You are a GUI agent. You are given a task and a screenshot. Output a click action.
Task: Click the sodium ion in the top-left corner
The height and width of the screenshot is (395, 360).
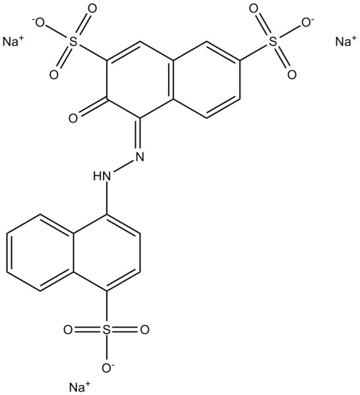tap(13, 42)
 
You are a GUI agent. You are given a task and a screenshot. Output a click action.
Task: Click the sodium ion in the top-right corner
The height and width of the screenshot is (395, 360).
tap(346, 42)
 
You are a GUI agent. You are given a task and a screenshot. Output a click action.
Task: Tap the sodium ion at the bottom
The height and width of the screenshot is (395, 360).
tap(79, 386)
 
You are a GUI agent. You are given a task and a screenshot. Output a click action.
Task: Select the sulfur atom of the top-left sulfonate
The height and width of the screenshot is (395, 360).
tap(73, 42)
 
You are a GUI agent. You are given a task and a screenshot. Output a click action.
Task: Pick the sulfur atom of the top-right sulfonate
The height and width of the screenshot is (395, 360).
tap(273, 42)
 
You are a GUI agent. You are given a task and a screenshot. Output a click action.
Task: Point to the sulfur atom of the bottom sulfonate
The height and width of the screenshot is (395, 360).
tap(106, 329)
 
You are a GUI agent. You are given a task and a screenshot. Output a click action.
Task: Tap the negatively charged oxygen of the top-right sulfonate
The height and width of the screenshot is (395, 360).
tap(308, 23)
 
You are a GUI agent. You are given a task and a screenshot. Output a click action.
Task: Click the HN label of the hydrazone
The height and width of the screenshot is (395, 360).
tap(102, 175)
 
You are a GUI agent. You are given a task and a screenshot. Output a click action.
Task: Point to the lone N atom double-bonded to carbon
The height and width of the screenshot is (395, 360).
tap(140, 156)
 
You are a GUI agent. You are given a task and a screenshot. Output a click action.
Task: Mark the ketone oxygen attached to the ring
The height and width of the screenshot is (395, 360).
tap(73, 118)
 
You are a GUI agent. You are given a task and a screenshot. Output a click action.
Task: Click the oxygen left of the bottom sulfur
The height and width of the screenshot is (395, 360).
tap(68, 329)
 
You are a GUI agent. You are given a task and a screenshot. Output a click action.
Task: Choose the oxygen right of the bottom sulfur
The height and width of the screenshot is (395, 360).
tap(144, 329)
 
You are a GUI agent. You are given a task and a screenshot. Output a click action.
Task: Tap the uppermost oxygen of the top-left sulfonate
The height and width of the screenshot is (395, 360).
tap(92, 9)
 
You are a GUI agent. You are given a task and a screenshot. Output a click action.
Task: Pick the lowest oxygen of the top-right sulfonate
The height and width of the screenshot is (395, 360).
tap(292, 75)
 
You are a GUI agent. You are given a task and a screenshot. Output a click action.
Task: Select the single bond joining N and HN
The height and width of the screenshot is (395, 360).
tap(124, 166)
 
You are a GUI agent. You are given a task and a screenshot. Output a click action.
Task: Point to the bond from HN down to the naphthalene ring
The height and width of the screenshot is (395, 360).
tap(107, 198)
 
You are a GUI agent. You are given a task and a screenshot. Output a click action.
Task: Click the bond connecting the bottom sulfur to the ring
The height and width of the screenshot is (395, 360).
tap(106, 307)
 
